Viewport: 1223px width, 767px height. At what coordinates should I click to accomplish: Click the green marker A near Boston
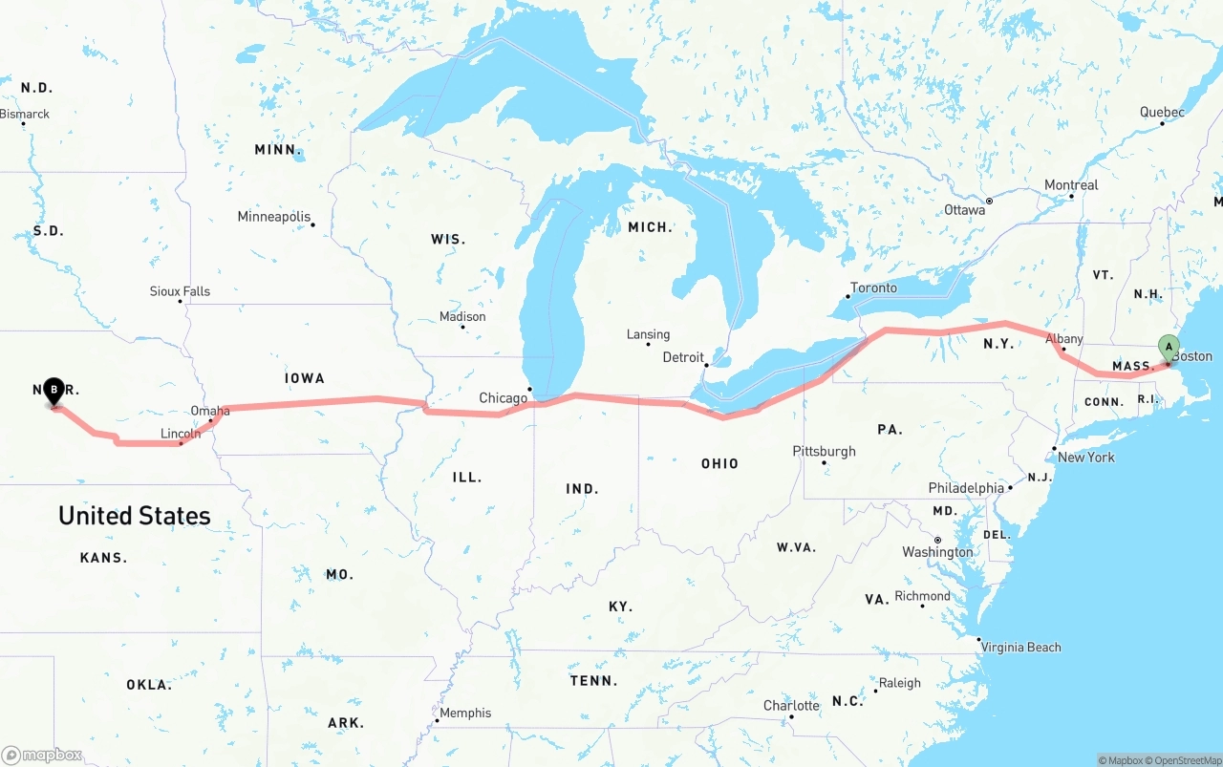tap(1168, 348)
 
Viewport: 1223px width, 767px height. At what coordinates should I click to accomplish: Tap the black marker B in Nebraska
tap(54, 390)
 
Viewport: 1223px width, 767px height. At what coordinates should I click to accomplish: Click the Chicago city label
tap(503, 397)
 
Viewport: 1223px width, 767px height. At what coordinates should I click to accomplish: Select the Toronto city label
tap(873, 288)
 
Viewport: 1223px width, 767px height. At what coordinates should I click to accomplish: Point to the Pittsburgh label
tap(824, 451)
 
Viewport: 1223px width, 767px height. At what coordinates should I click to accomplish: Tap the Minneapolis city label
tap(274, 217)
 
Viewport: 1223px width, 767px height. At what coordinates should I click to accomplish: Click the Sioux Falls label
tap(180, 291)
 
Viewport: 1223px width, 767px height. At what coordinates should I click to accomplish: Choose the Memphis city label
tap(465, 713)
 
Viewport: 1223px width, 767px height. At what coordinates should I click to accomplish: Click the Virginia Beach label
tap(1021, 647)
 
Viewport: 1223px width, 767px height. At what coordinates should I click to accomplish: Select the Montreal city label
tap(1071, 185)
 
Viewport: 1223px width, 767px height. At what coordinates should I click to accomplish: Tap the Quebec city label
tap(1162, 112)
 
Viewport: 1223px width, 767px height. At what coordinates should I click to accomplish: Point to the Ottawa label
tap(964, 209)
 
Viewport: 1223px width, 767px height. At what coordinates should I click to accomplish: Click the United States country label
tap(135, 516)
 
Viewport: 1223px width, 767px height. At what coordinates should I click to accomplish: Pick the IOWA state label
tap(305, 378)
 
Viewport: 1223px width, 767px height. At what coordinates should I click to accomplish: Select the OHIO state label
tap(719, 463)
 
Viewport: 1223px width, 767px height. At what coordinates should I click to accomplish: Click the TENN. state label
tap(594, 681)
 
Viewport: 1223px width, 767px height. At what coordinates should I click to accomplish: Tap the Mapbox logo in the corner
tap(42, 756)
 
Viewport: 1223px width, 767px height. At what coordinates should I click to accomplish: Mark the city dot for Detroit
tap(706, 365)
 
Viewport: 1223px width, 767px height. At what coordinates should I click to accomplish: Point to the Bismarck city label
tap(25, 114)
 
